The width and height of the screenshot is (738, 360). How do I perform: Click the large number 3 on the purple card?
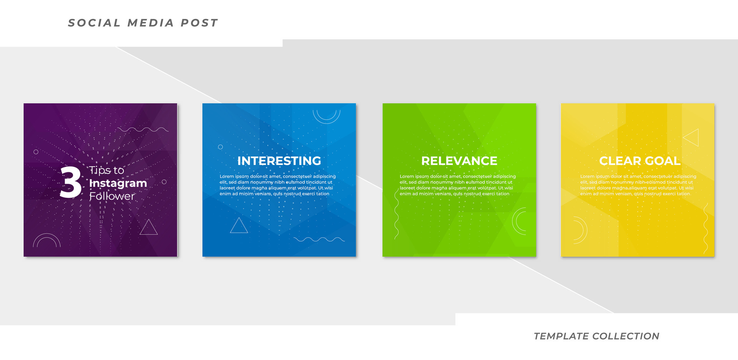pyautogui.click(x=71, y=182)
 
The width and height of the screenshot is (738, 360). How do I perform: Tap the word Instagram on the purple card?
pyautogui.click(x=118, y=183)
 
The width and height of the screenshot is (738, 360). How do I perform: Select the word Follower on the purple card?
pyautogui.click(x=112, y=196)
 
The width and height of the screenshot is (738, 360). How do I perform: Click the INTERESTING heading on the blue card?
pyautogui.click(x=279, y=161)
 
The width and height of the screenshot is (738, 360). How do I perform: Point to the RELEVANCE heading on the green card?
pyautogui.click(x=459, y=161)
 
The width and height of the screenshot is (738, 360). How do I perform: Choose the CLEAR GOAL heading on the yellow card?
pyautogui.click(x=640, y=161)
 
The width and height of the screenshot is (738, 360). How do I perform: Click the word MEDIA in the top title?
pyautogui.click(x=151, y=23)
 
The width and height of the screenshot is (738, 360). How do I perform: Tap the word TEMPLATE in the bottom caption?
pyautogui.click(x=561, y=336)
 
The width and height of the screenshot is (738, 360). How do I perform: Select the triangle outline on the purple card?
pyautogui.click(x=149, y=227)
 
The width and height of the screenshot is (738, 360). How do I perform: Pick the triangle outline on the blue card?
pyautogui.click(x=239, y=226)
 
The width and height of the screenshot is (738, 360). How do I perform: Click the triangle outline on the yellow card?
pyautogui.click(x=691, y=137)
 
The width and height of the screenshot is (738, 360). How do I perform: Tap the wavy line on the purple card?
pyautogui.click(x=143, y=130)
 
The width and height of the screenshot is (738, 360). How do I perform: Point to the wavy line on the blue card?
pyautogui.click(x=319, y=239)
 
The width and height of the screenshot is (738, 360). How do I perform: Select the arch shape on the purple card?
pyautogui.click(x=47, y=240)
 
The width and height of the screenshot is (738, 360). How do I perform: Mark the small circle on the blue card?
pyautogui.click(x=220, y=147)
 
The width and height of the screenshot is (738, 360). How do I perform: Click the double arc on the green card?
pyautogui.click(x=519, y=221)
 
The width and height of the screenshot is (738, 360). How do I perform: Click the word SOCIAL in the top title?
pyautogui.click(x=94, y=23)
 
